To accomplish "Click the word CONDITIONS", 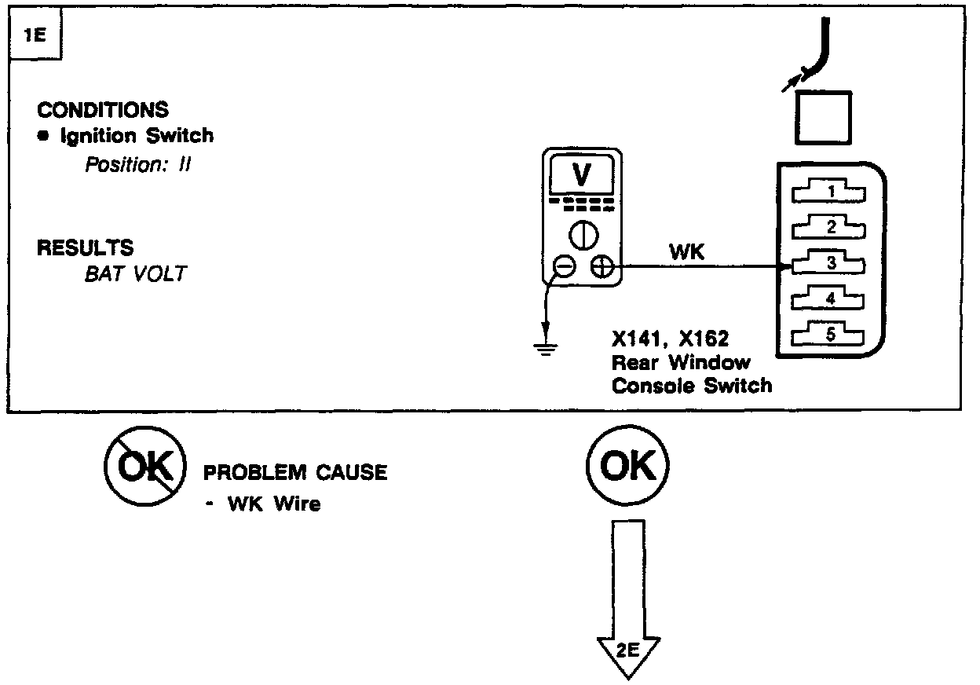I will click(x=103, y=109).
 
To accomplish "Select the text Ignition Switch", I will click(x=137, y=135).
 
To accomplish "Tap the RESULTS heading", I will click(x=85, y=248).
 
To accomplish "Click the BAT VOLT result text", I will click(x=135, y=275).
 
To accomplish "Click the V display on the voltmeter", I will click(x=581, y=175).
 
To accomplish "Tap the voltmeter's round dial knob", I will click(x=582, y=235).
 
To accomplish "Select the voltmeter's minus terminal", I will click(x=563, y=268).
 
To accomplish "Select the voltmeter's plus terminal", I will click(x=602, y=268).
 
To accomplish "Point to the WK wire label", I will click(x=686, y=252).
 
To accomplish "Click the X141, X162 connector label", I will click(x=671, y=340).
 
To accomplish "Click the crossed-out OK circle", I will click(x=144, y=467).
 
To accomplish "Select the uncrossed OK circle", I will click(x=627, y=467).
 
